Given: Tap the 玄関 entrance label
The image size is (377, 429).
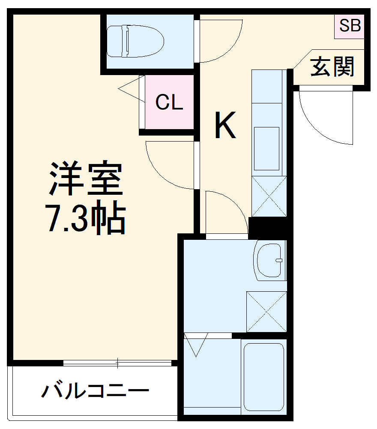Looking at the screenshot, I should pyautogui.click(x=332, y=67).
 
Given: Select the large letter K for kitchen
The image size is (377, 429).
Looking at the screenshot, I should pyautogui.click(x=225, y=125).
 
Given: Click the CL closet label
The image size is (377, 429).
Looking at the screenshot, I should pyautogui.click(x=169, y=103).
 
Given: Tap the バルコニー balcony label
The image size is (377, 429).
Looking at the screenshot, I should pyautogui.click(x=95, y=391).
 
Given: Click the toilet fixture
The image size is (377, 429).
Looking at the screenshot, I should pyautogui.click(x=135, y=42).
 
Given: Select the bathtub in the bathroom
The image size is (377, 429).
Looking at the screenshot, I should pyautogui.click(x=264, y=377).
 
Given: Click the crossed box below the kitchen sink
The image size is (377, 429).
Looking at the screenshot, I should pyautogui.click(x=269, y=196).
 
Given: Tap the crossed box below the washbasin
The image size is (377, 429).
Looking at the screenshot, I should pyautogui.click(x=266, y=311).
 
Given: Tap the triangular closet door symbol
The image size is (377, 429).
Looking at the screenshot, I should pyautogui.click(x=131, y=89).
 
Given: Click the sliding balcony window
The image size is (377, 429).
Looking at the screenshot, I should pyautogui.click(x=117, y=363).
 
